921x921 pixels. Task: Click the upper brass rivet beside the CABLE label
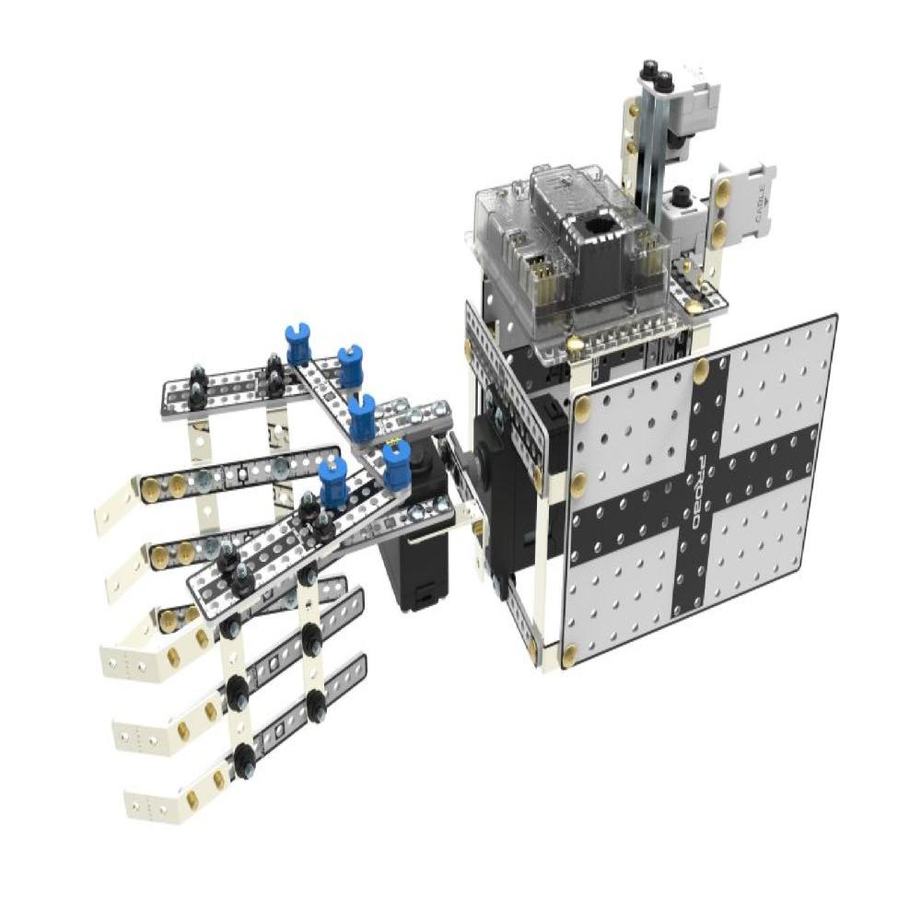pyautogui.click(x=724, y=191)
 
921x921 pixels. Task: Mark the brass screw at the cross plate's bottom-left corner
pyautogui.click(x=570, y=656)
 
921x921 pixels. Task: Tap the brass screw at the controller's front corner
pyautogui.click(x=576, y=344)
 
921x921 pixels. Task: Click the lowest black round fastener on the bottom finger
pyautogui.click(x=244, y=759)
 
